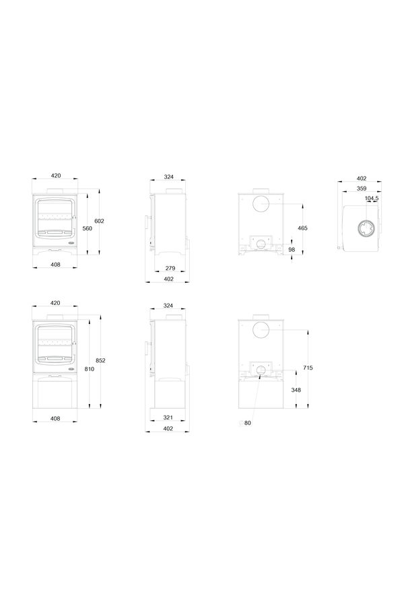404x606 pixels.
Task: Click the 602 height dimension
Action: tap(100, 221)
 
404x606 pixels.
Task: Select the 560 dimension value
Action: tap(88, 228)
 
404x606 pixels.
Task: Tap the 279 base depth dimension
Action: tap(170, 268)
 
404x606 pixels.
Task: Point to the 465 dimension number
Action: tap(302, 228)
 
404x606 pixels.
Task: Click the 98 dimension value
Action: tap(292, 250)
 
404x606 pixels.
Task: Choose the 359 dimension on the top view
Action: tap(362, 189)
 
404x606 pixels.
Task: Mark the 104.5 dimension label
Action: tap(372, 198)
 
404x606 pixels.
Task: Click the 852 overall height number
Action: tap(100, 361)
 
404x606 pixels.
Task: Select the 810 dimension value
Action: tap(90, 369)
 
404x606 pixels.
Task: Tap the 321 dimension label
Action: tap(168, 417)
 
